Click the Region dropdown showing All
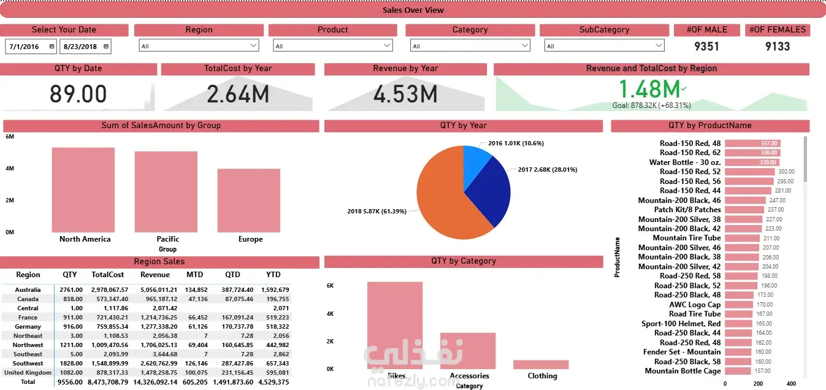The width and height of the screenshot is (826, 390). (199, 45)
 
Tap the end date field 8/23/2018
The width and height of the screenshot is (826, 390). (81, 46)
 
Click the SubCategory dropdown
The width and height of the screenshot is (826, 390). (604, 45)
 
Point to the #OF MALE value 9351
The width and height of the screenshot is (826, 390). (706, 46)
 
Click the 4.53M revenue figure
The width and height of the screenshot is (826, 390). (405, 94)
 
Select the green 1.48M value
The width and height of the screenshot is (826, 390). (649, 90)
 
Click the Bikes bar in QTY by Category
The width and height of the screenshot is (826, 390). (395, 325)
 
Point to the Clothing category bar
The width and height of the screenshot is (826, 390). (541, 364)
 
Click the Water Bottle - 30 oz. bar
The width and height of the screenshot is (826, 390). (752, 162)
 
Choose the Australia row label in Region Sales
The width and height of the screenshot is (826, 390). (28, 289)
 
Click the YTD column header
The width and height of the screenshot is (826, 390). (273, 275)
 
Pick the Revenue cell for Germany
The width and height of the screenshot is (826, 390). (159, 326)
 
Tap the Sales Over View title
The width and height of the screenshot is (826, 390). (413, 10)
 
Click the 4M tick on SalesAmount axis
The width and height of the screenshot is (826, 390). (10, 169)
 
